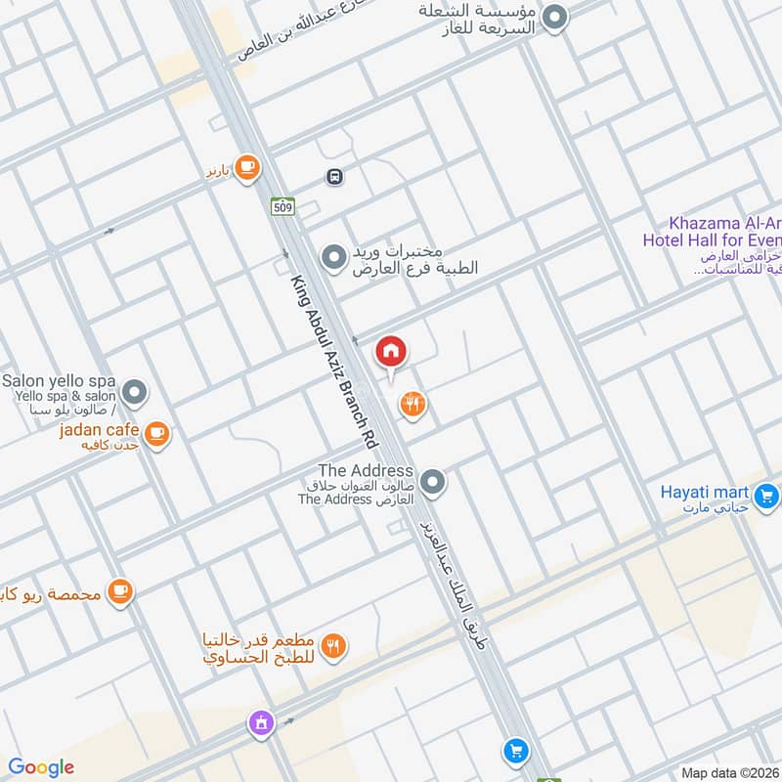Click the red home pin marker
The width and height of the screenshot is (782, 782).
(x=391, y=352)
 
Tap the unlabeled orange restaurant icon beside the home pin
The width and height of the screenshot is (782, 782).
(x=413, y=403)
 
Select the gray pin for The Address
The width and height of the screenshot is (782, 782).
(x=434, y=481)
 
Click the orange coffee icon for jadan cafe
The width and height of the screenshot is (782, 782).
(x=156, y=432)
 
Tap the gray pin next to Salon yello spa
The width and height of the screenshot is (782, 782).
(x=136, y=393)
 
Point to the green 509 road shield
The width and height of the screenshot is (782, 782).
(x=282, y=206)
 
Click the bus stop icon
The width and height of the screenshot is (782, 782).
(x=334, y=177)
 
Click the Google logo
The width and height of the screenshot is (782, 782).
(x=41, y=767)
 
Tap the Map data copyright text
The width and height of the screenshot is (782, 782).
(x=728, y=772)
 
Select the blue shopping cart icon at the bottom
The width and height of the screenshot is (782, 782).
(x=514, y=751)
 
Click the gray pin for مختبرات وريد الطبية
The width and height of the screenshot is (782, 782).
(x=334, y=257)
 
